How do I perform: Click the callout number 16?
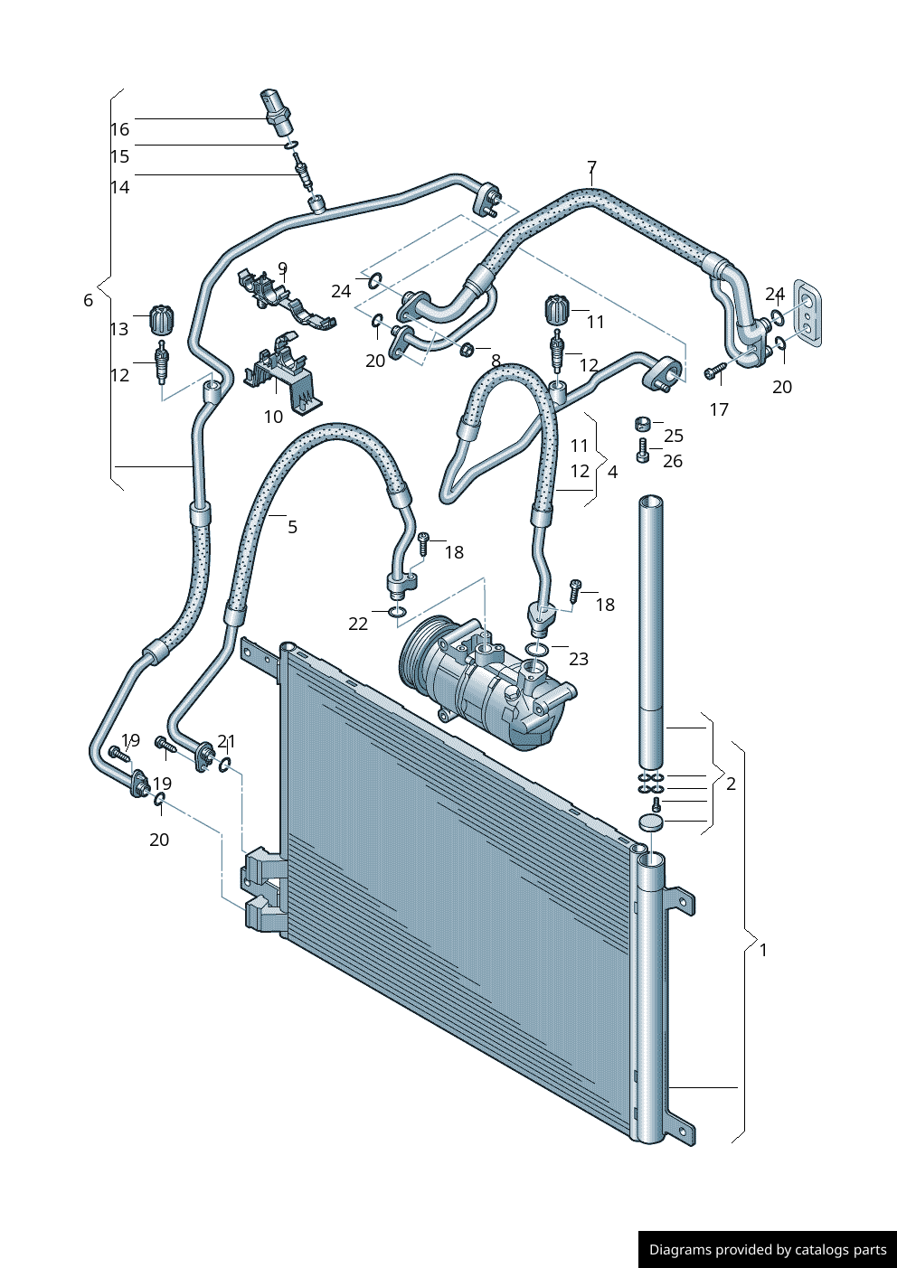119,129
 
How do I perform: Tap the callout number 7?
591,167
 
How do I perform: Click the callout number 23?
579,659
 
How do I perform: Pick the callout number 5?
292,526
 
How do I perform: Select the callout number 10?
273,416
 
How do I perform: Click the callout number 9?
282,268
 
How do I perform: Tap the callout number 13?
119,329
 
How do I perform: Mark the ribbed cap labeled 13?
160,318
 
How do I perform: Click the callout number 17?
719,409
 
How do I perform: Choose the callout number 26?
673,461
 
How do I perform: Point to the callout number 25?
674,436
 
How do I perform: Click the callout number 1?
763,950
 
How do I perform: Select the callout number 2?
731,784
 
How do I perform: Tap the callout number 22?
358,624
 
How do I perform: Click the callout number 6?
88,300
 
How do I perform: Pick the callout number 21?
226,741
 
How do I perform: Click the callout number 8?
496,362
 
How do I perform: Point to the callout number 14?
119,187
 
